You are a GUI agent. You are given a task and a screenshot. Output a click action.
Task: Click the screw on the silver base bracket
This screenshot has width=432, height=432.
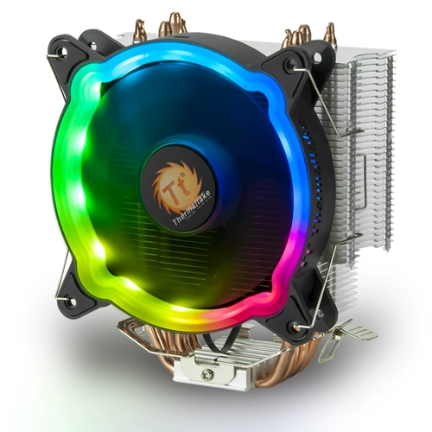207,375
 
